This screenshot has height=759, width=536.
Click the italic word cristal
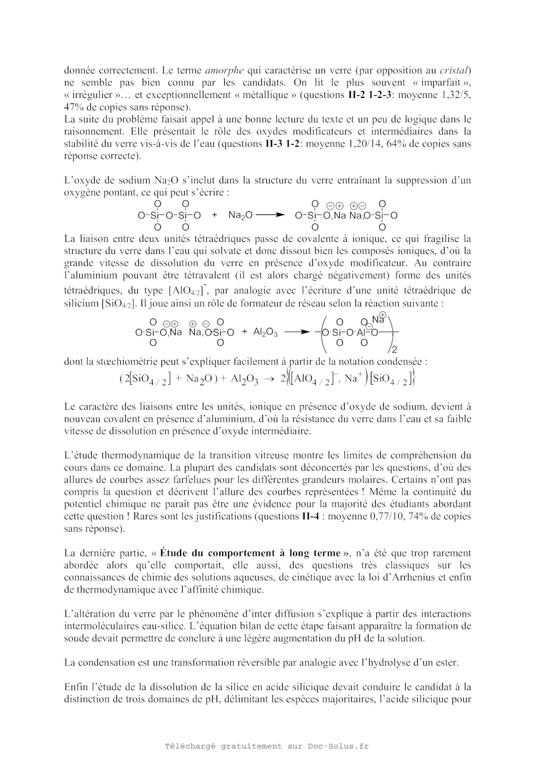click(455, 70)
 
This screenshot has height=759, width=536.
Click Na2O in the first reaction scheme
click(240, 216)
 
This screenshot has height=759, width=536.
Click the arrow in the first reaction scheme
click(271, 216)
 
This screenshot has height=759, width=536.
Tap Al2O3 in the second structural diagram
click(266, 332)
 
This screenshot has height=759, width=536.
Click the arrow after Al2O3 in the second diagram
click(298, 332)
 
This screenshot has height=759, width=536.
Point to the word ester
click(446, 663)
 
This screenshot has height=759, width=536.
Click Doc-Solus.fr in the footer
click(338, 746)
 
